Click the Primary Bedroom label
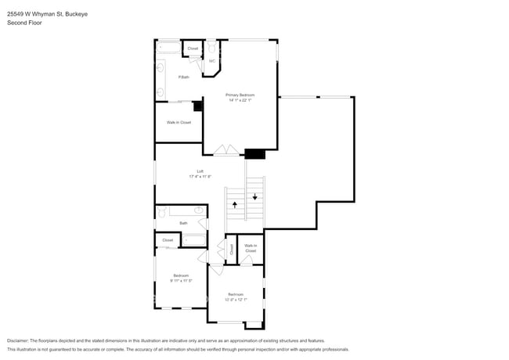(240, 95)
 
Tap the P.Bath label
(183, 77)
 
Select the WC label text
(212, 60)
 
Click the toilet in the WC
(212, 48)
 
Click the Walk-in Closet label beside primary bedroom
(179, 122)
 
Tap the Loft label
(200, 171)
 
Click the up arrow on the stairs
(234, 204)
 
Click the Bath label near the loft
(183, 223)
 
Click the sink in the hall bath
(199, 211)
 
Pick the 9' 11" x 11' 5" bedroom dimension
(181, 280)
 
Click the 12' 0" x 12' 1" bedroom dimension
(235, 299)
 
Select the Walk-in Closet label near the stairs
(251, 248)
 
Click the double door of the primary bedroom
(226, 149)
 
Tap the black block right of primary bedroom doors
(254, 153)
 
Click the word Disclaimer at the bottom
(17, 340)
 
